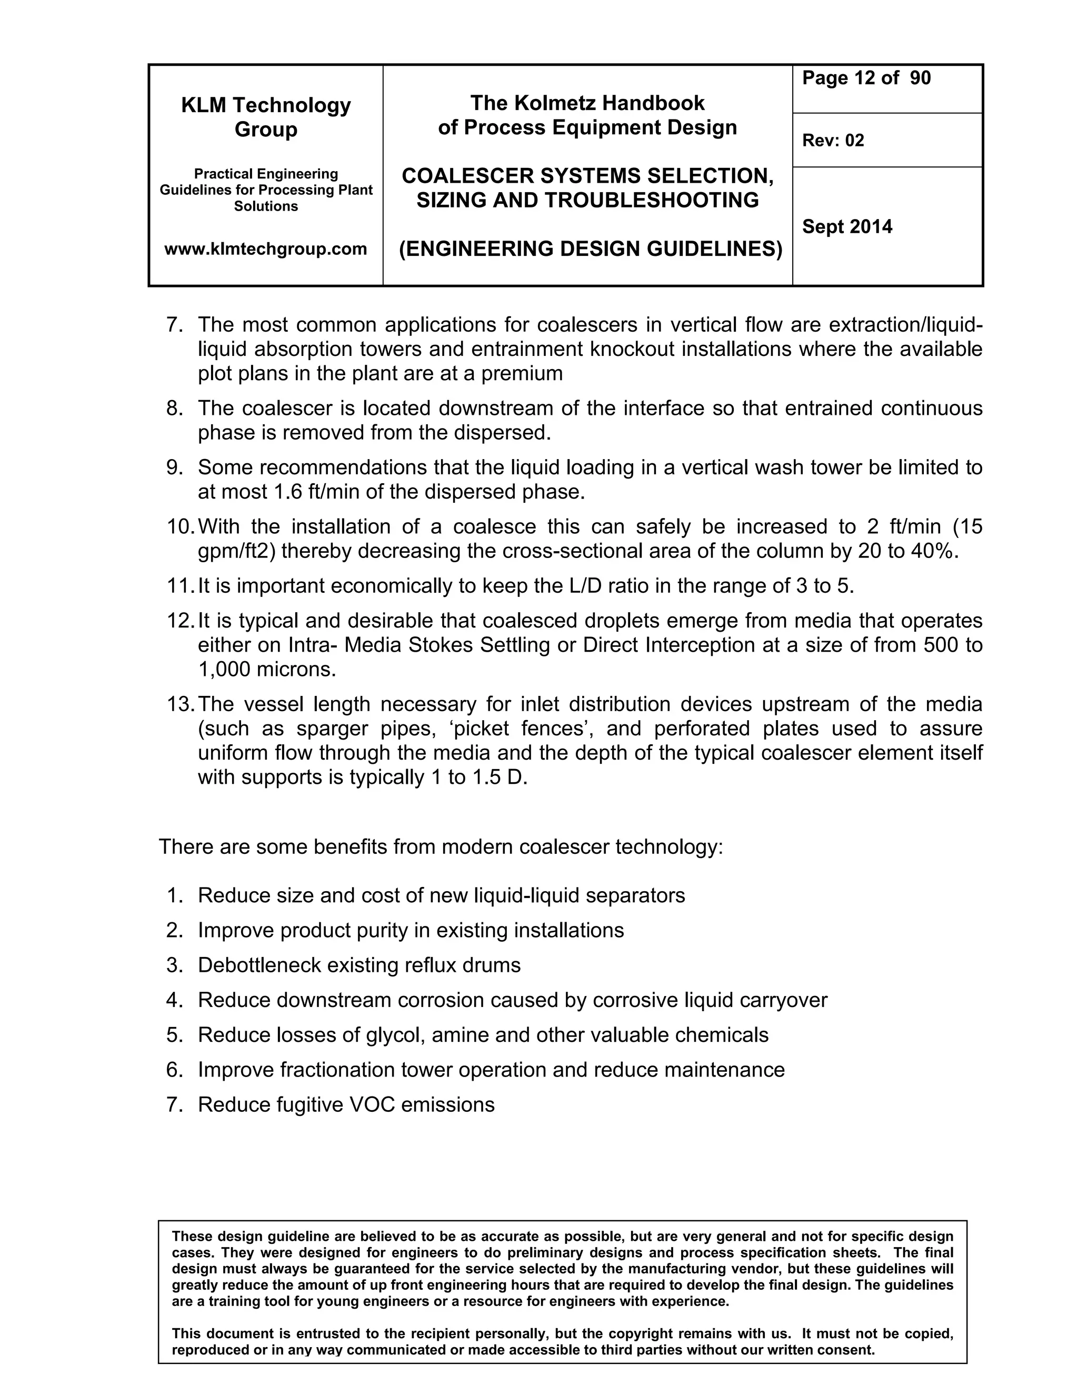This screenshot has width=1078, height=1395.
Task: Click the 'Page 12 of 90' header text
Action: coord(866,78)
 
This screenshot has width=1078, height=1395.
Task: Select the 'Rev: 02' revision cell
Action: coord(833,141)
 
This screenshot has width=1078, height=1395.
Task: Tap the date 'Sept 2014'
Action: coord(847,227)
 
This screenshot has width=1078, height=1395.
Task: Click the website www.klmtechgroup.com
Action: coord(266,248)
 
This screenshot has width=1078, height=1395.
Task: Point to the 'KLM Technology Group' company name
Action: coord(266,117)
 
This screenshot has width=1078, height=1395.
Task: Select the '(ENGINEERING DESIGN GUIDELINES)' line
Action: coord(590,248)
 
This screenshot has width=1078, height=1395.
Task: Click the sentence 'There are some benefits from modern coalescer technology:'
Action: coord(441,847)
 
